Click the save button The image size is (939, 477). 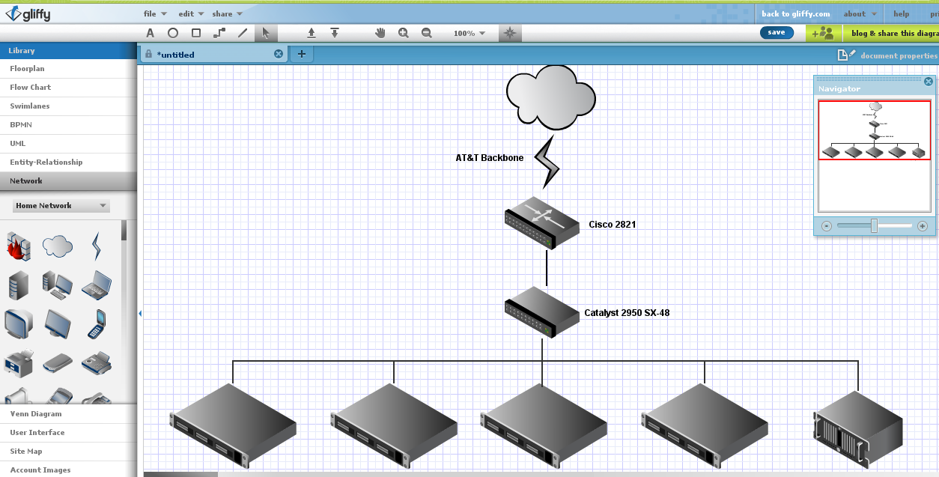(777, 32)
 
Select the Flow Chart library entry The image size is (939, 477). (31, 88)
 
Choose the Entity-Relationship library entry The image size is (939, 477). (46, 162)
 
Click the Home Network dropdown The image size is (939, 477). (61, 206)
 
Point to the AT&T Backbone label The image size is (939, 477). (490, 158)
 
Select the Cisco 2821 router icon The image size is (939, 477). (542, 222)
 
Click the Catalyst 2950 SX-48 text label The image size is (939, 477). (627, 313)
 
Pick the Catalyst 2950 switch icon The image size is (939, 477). (542, 311)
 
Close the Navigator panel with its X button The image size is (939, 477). (929, 82)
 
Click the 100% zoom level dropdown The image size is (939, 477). (469, 33)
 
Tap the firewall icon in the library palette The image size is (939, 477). (18, 245)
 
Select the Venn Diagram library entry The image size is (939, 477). (36, 414)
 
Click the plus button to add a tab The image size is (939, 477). (302, 54)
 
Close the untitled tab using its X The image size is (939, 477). (279, 54)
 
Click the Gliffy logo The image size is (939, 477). (28, 13)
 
